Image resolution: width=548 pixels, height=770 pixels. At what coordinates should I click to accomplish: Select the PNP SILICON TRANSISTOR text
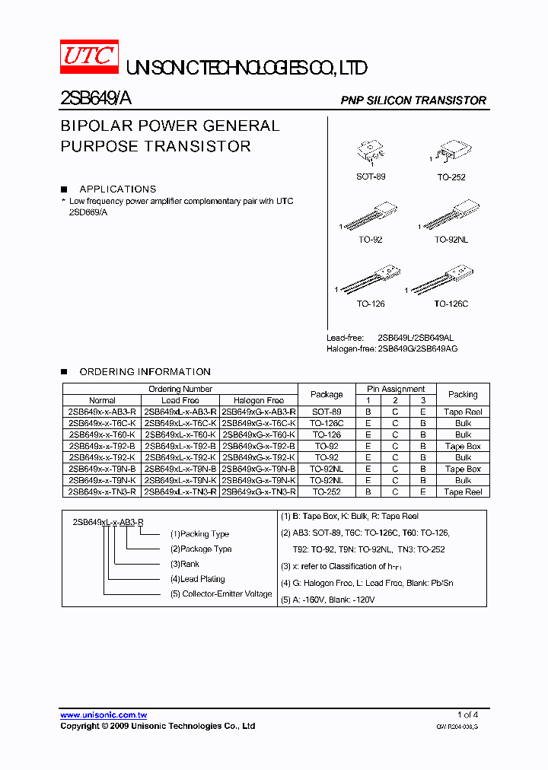pyautogui.click(x=413, y=100)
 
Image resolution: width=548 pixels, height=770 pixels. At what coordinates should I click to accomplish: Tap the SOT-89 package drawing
pyautogui.click(x=371, y=152)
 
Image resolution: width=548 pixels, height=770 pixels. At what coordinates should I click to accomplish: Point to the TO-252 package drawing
pyautogui.click(x=454, y=152)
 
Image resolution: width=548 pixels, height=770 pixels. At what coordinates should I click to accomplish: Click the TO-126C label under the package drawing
pyautogui.click(x=451, y=304)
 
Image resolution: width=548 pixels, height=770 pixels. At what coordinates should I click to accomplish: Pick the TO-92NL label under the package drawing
pyautogui.click(x=451, y=240)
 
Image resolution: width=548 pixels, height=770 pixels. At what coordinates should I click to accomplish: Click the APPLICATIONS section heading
pyautogui.click(x=117, y=189)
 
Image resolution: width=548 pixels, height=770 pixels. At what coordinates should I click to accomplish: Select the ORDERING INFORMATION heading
pyautogui.click(x=145, y=371)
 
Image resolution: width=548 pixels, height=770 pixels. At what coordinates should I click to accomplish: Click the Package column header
pyautogui.click(x=327, y=394)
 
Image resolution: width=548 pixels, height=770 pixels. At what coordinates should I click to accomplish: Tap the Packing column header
pyautogui.click(x=463, y=394)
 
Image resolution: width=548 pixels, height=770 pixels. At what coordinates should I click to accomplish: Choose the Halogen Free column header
pyautogui.click(x=259, y=400)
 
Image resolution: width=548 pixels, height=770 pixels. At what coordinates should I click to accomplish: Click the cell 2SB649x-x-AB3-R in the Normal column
pyautogui.click(x=102, y=412)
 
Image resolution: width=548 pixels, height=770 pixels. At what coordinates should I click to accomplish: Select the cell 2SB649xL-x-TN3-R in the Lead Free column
pyautogui.click(x=180, y=492)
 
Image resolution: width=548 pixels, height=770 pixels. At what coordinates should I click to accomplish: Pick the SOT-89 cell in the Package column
pyautogui.click(x=327, y=412)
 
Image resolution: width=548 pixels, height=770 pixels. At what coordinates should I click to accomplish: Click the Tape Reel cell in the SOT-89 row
pyautogui.click(x=463, y=412)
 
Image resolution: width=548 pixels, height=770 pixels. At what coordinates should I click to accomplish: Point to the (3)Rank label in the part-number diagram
pyautogui.click(x=185, y=564)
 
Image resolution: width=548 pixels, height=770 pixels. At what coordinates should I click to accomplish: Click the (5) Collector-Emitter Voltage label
pyautogui.click(x=221, y=593)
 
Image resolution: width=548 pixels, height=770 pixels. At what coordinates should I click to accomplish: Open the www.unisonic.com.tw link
pyautogui.click(x=104, y=715)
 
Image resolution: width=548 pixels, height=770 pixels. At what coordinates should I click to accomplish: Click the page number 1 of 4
pyautogui.click(x=467, y=714)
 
